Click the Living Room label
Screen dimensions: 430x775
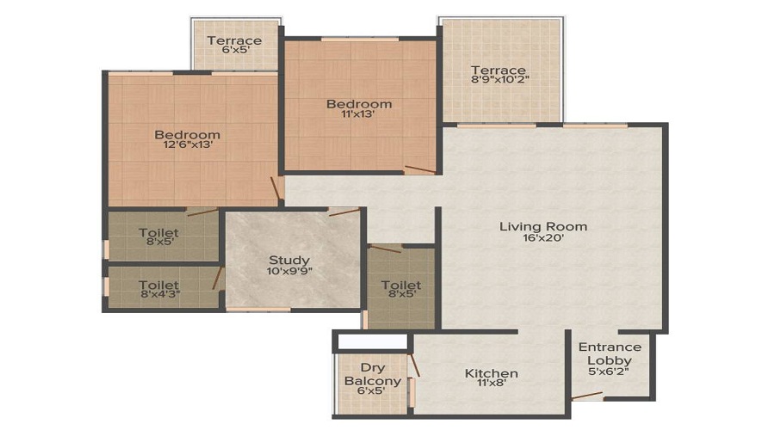click(543, 226)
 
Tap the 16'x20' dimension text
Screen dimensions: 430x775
click(543, 239)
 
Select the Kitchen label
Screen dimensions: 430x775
click(492, 373)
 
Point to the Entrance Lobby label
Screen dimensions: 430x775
click(609, 353)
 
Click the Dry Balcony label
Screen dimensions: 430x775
click(372, 374)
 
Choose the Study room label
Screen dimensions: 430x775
click(289, 260)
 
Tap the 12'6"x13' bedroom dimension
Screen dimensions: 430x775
click(187, 146)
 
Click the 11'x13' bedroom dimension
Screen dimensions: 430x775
click(358, 116)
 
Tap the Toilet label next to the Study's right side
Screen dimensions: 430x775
click(400, 285)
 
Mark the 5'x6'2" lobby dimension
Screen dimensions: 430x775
click(609, 372)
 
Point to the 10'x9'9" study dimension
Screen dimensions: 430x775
click(289, 272)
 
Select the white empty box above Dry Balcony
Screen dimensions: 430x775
click(372, 341)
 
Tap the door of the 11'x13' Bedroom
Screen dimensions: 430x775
click(421, 169)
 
